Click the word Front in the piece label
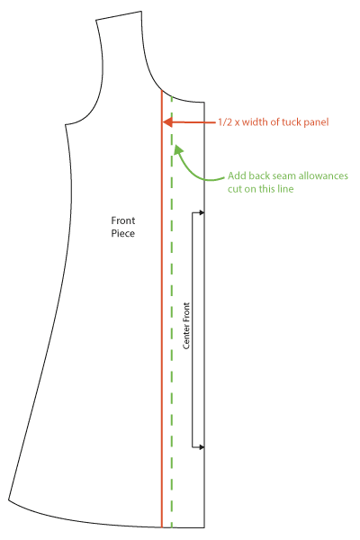[123, 220]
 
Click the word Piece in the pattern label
[122, 233]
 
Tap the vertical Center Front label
[186, 326]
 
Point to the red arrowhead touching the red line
[167, 122]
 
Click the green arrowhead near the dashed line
[177, 149]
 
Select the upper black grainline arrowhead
[202, 212]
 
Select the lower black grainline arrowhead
[202, 447]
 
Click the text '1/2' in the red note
[225, 122]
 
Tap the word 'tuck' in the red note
[292, 122]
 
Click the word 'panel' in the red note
[316, 123]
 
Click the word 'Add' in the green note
[237, 176]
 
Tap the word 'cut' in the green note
[235, 189]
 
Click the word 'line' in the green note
[285, 189]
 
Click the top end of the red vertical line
[162, 90]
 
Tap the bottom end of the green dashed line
[172, 527]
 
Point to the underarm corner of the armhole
[66, 125]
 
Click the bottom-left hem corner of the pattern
[9, 499]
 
